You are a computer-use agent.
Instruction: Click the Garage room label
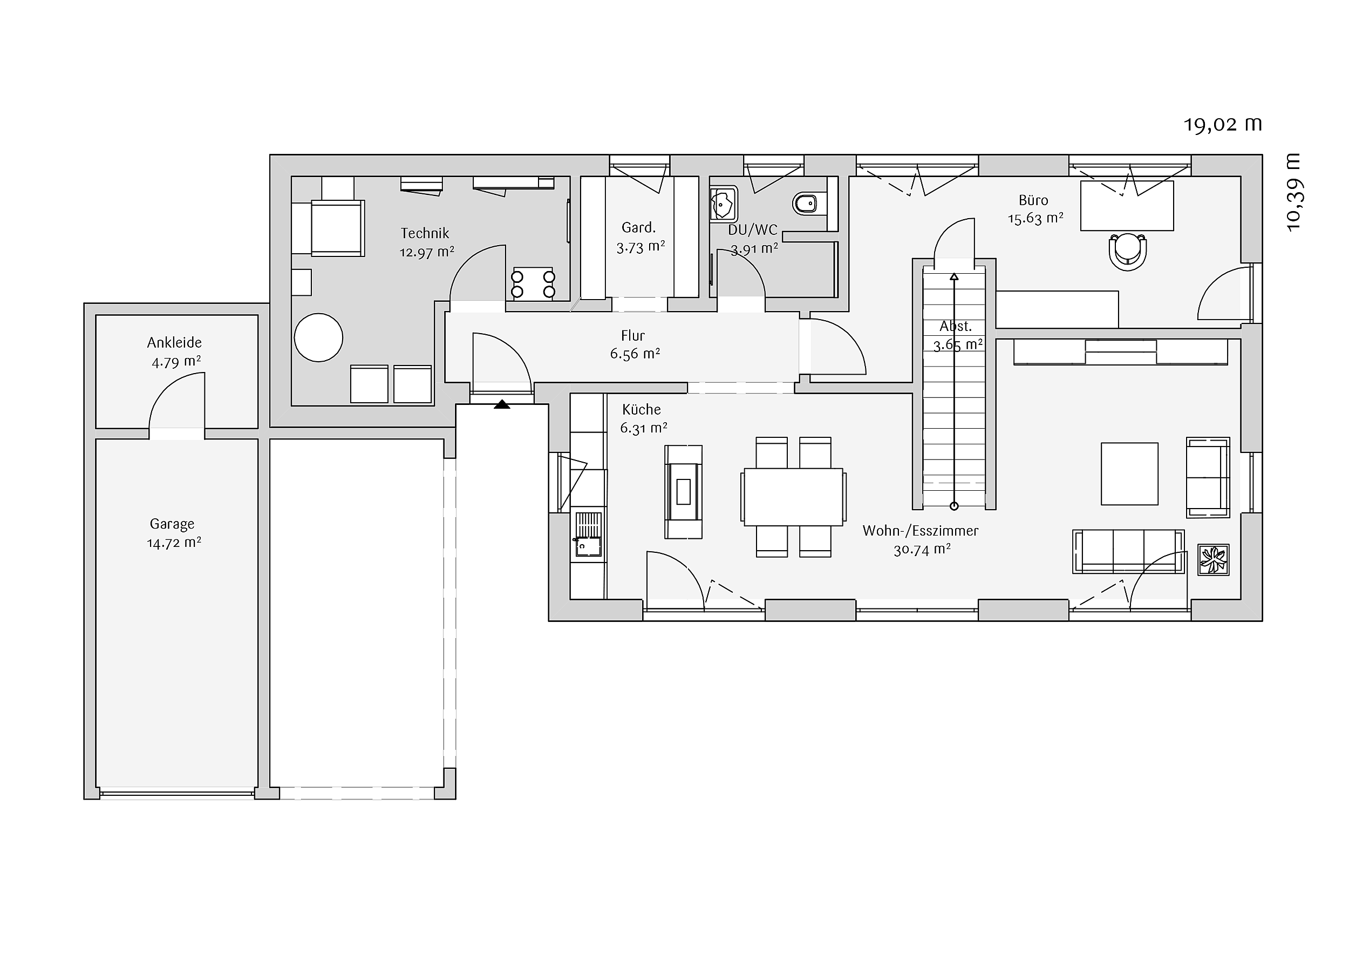coord(172,523)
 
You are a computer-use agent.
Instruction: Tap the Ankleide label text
coord(174,342)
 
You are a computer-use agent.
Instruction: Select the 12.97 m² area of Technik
coord(427,252)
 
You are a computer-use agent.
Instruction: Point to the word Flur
coord(633,336)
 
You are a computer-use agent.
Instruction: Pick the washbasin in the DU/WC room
coord(723,204)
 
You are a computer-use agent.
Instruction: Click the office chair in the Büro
coord(1128,251)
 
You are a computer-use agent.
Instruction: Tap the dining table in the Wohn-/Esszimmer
coord(793,497)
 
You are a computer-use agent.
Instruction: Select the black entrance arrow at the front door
coord(502,404)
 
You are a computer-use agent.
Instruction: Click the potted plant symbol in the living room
coord(1213,559)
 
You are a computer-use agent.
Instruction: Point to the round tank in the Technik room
coord(318,337)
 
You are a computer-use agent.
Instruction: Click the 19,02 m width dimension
coord(1223,124)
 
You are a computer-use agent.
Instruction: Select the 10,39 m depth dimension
coord(1293,192)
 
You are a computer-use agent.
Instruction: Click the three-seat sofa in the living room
coord(1128,551)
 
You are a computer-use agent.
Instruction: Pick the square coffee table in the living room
coord(1129,474)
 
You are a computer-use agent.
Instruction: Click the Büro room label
coord(1033,200)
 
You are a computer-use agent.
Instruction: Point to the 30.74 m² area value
coord(922,550)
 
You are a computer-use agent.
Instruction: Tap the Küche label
coord(642,409)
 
